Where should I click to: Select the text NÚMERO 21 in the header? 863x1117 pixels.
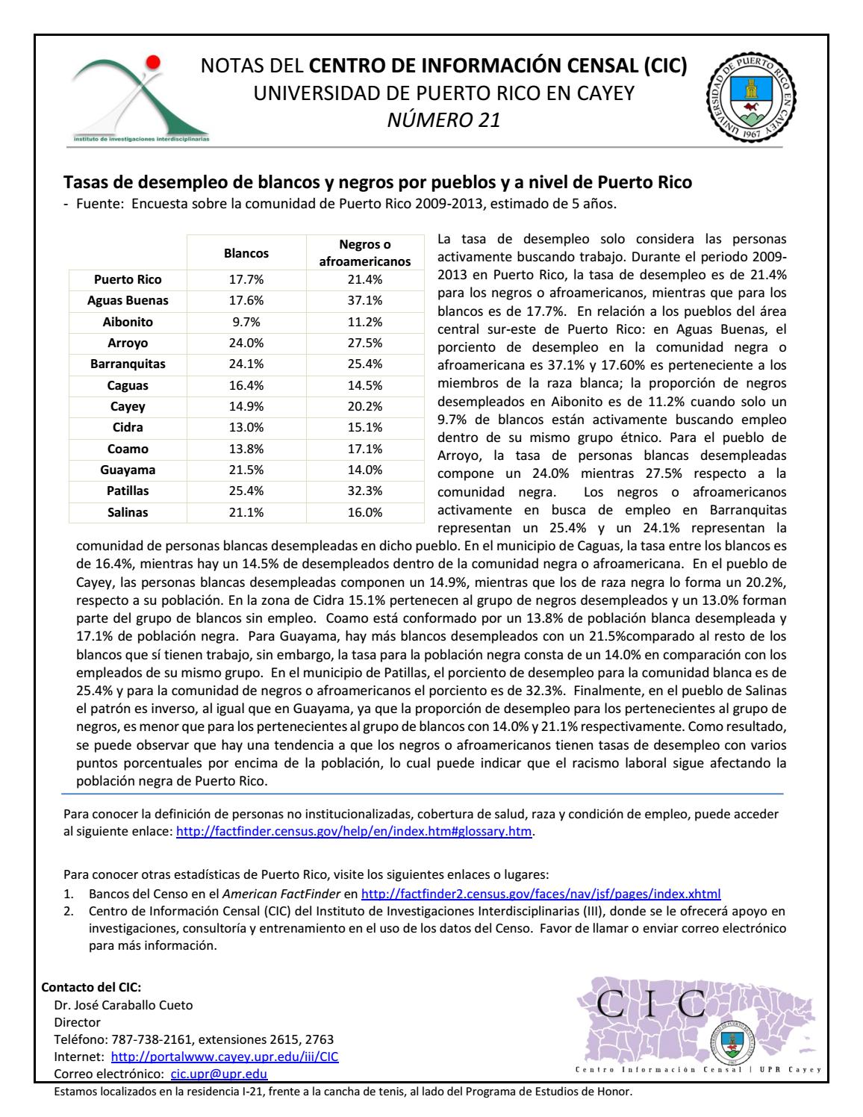click(443, 119)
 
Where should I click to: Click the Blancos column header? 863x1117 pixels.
click(246, 253)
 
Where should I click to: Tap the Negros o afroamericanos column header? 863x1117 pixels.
click(365, 253)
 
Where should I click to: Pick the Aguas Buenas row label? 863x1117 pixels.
click(128, 301)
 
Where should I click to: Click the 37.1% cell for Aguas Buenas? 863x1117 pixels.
click(365, 301)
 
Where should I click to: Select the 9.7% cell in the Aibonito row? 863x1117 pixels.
click(246, 322)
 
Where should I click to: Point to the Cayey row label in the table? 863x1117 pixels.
click(128, 407)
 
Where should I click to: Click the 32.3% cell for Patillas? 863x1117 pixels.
click(365, 491)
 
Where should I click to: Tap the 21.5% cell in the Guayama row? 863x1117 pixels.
click(246, 470)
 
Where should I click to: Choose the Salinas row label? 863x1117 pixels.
click(128, 512)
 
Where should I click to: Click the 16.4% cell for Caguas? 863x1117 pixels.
click(246, 386)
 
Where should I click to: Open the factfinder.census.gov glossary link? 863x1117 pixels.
click(354, 832)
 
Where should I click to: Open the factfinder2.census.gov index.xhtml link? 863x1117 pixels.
click(540, 893)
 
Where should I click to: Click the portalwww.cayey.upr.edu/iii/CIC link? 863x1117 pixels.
click(224, 1057)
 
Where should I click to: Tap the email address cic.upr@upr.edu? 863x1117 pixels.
click(219, 1074)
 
